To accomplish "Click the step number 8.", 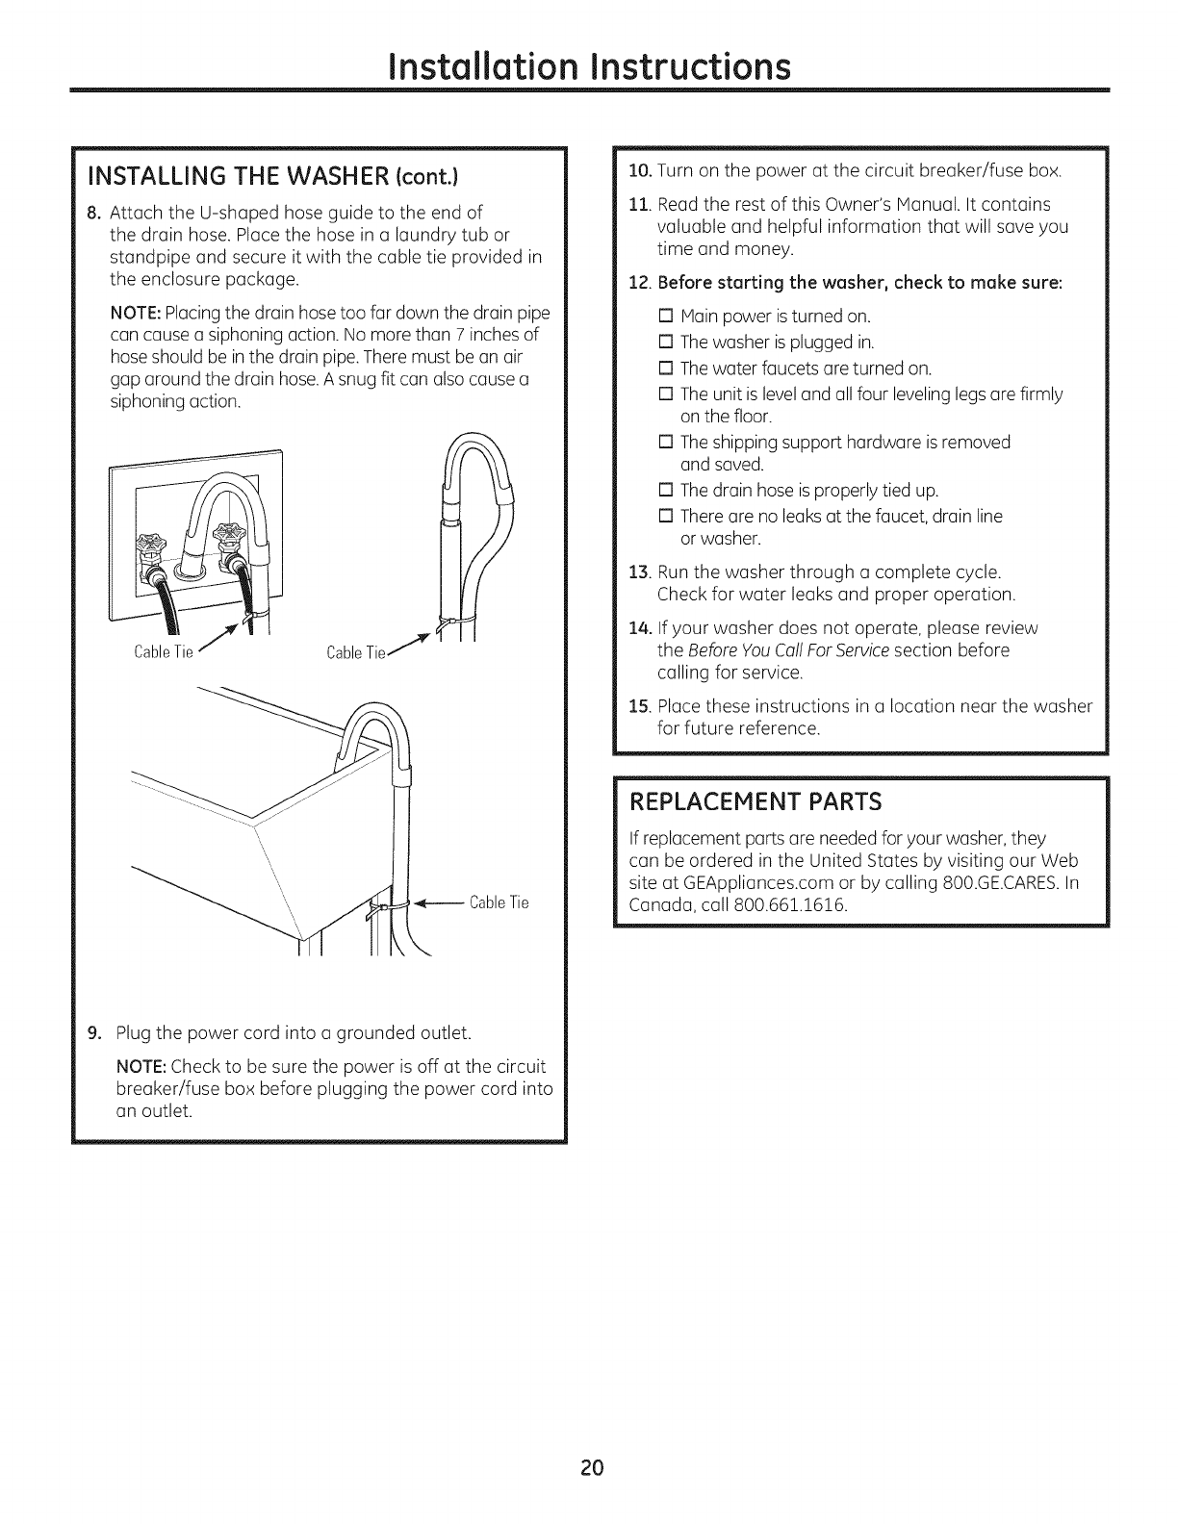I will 92,212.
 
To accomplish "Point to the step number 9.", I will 92,1034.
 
